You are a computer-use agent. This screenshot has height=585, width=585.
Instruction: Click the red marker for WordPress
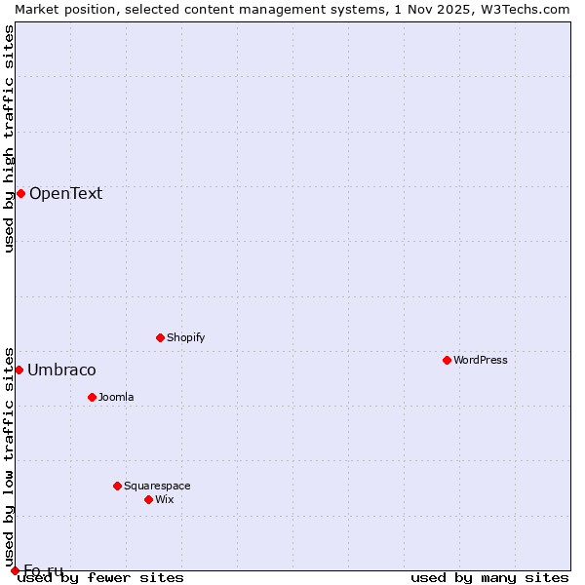point(447,360)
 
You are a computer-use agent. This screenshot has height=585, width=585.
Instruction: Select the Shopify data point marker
point(160,337)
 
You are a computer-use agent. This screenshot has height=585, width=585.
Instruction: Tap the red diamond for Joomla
point(92,397)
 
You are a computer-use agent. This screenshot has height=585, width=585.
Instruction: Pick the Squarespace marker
point(117,486)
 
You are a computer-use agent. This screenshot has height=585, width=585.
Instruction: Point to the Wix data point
point(148,499)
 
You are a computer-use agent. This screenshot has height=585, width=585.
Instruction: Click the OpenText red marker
point(20,193)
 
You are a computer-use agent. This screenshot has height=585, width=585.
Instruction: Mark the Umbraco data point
point(19,370)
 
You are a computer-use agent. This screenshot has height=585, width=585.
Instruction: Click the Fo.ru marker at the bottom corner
point(15,570)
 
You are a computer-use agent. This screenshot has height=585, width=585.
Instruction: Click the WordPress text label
point(481,360)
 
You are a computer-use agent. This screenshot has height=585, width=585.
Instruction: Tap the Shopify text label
point(186,337)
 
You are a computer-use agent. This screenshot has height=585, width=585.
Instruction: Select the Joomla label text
point(116,397)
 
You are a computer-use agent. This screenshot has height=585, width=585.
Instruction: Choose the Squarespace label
point(157,486)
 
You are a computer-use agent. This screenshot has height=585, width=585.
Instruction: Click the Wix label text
point(165,499)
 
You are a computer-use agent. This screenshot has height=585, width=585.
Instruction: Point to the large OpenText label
point(65,193)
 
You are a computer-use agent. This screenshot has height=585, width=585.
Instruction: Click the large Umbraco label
point(61,370)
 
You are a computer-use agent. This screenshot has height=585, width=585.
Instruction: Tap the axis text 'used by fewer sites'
point(100,577)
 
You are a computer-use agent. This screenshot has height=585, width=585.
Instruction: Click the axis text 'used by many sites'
point(489,577)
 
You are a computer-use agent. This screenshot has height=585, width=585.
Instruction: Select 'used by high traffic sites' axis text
point(10,138)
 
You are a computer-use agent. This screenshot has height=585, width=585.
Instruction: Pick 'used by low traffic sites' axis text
point(10,456)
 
